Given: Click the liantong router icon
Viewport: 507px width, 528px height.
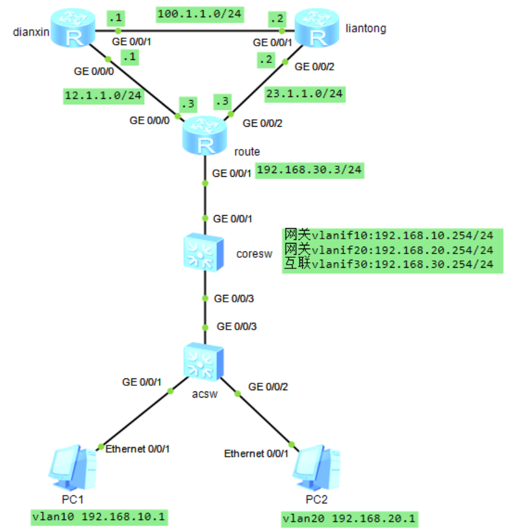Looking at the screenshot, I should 317,30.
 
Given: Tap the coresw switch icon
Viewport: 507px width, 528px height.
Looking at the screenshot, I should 204,253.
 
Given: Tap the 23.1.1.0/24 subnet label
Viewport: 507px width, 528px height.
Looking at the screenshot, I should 304,94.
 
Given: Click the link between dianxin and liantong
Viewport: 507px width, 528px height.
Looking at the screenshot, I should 198,30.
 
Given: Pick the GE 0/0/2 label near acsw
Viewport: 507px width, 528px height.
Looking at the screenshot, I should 268,387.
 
